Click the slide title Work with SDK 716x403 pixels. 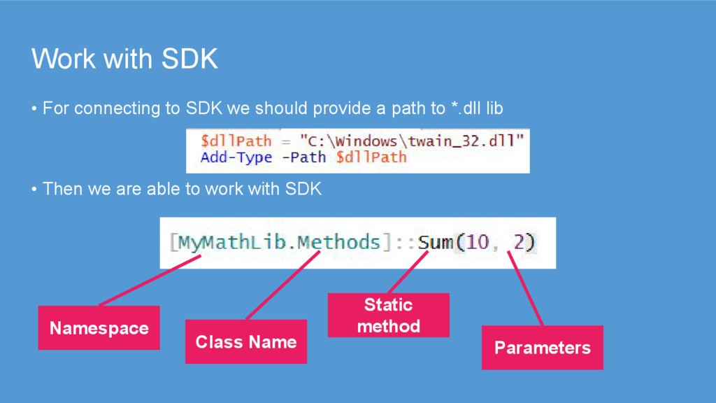124,59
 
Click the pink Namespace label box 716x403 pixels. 99,328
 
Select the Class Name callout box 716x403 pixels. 246,342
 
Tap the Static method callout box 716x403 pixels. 388,316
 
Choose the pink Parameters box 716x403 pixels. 542,348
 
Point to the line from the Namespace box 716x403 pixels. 151,280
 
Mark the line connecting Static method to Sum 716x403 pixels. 408,272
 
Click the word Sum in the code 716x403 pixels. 435,243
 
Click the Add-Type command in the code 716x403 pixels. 236,157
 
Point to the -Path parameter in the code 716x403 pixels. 303,157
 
